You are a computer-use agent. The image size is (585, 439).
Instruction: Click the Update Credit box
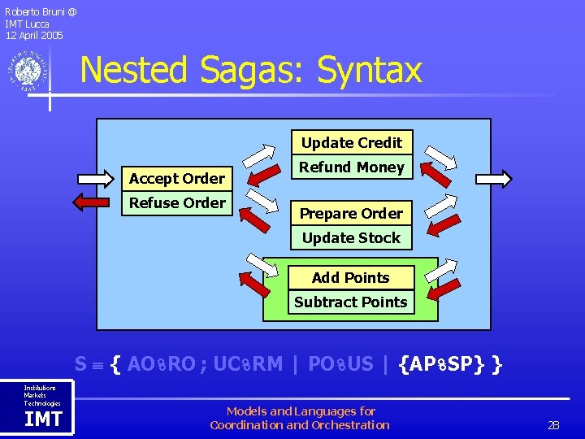352,142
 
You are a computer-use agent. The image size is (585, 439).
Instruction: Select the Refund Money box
352,167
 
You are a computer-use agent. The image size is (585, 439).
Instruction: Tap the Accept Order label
177,178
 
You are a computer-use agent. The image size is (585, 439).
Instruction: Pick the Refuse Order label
177,202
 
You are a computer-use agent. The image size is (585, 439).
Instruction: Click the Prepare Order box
352,213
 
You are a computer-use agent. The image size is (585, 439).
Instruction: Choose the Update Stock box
352,237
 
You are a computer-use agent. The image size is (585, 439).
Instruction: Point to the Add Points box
351,277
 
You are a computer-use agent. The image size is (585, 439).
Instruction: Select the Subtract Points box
351,302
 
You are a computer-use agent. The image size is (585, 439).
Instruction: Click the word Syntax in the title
370,70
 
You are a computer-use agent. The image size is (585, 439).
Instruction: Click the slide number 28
553,425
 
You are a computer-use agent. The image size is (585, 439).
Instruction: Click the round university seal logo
28,72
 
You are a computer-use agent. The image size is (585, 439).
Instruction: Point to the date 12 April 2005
34,35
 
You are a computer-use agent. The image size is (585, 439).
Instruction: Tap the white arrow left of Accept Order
97,178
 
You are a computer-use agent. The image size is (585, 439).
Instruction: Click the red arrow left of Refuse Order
97,202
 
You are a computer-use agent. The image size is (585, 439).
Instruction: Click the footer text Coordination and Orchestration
300,424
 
